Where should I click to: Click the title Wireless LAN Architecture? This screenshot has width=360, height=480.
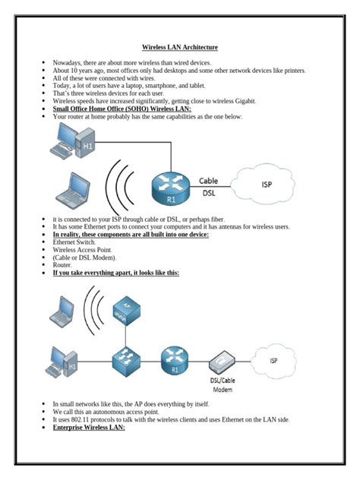click(180, 47)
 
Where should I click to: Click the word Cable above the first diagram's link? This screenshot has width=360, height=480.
click(209, 181)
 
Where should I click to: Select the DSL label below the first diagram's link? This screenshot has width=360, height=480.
click(209, 193)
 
